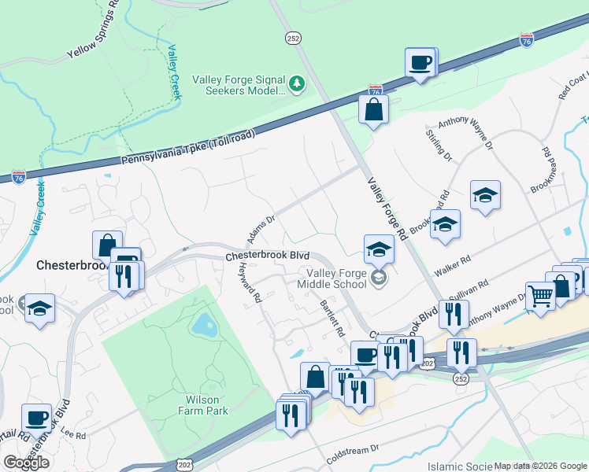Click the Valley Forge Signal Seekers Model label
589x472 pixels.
[239, 85]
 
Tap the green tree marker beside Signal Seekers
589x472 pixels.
[296, 83]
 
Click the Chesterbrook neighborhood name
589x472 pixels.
[71, 266]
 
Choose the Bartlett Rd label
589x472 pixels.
[332, 318]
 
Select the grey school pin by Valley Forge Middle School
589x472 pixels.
[379, 278]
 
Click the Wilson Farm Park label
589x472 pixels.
[202, 405]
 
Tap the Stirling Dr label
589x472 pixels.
[439, 146]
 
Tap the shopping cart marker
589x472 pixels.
[540, 297]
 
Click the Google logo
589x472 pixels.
[26, 462]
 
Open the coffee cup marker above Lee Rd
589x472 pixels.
[36, 418]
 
